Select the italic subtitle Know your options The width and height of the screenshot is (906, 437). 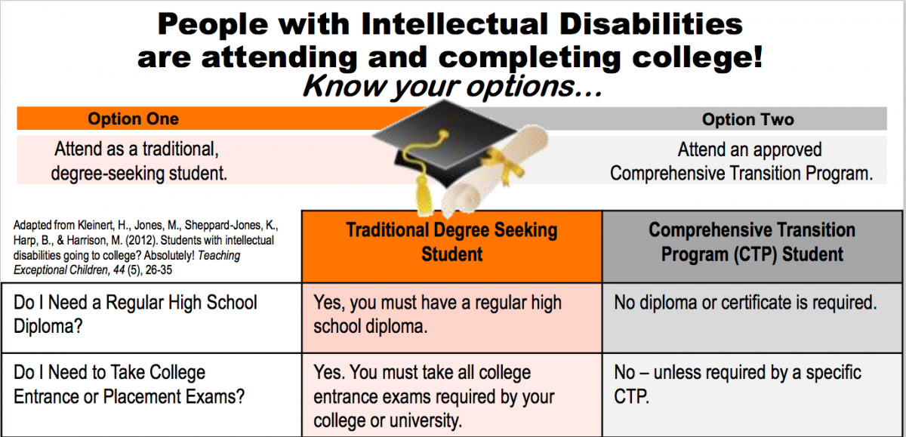452,86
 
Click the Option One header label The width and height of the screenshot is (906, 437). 133,118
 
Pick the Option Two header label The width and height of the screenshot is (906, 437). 748,120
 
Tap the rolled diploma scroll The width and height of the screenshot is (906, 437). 495,170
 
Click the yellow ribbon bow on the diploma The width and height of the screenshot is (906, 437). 504,164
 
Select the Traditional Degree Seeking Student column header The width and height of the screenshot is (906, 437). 451,242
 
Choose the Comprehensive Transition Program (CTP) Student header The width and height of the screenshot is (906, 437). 752,242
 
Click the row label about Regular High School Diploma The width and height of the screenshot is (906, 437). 135,315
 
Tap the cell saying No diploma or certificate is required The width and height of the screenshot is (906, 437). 745,303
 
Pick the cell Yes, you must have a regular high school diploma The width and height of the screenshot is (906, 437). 438,315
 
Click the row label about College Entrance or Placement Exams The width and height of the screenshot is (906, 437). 129,384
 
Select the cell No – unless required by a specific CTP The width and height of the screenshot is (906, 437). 738,384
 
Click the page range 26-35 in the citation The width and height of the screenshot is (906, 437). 159,270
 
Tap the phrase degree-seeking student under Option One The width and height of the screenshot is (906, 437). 139,174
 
